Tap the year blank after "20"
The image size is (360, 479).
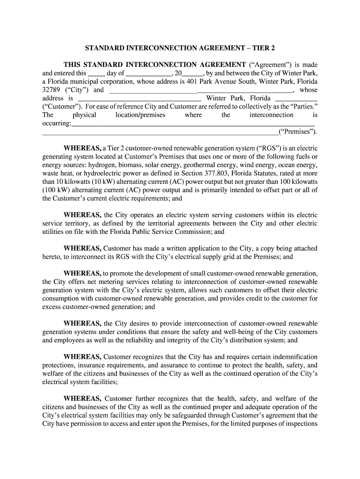click(192, 73)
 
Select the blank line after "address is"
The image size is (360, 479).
click(139, 99)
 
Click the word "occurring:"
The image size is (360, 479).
click(57, 123)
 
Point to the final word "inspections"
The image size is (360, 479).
click(301, 423)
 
